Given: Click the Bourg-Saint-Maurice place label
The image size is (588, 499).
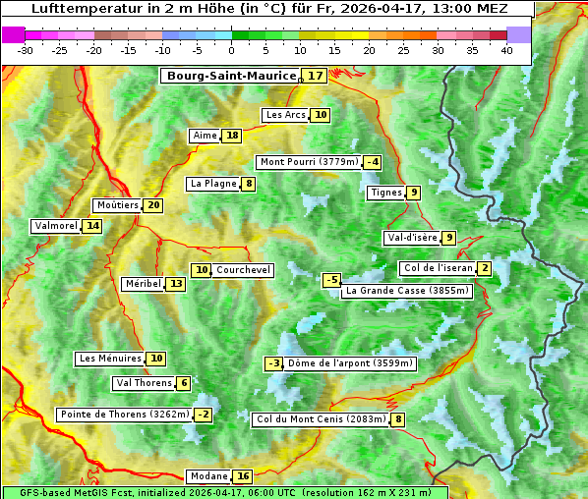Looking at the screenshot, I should click(x=231, y=76).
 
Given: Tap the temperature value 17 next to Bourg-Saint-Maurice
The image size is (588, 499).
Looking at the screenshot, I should click(x=315, y=76).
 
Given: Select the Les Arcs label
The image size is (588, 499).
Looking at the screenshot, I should click(x=286, y=115).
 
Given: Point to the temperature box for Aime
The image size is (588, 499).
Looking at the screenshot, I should click(x=231, y=136).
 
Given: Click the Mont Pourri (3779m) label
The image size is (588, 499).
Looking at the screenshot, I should click(x=309, y=162).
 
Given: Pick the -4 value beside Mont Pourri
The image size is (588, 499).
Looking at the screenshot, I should click(x=372, y=162).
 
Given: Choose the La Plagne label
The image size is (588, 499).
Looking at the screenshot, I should click(x=213, y=184).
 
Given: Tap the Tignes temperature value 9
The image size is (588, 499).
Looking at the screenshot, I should click(x=414, y=193).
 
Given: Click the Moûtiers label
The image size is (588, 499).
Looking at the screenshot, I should click(x=117, y=205).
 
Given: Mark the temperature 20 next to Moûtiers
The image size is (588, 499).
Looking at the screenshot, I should click(x=153, y=205).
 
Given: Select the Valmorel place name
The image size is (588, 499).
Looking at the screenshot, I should click(x=55, y=226).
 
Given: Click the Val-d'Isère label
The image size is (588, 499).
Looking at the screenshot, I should click(x=411, y=238).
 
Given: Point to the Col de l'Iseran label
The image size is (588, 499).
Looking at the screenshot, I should click(x=438, y=268).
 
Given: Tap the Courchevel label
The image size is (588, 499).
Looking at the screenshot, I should click(x=243, y=270).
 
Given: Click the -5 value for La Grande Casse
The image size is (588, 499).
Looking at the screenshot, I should click(x=332, y=280).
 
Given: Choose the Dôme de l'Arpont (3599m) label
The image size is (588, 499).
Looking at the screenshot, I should click(x=351, y=363).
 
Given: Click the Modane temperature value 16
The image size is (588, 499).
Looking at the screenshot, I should click(x=243, y=476).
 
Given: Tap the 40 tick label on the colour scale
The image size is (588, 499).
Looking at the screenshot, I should click(x=506, y=50).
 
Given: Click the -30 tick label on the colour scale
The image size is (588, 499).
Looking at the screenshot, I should click(x=26, y=50).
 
